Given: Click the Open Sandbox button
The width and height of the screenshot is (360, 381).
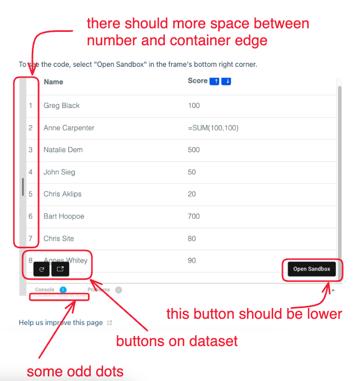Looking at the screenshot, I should point(311,269).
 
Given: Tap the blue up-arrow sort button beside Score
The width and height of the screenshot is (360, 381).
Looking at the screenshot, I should point(215,81).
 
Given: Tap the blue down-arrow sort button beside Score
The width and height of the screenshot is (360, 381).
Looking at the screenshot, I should point(226,81).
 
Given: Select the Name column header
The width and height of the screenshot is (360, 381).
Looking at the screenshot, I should point(53,82).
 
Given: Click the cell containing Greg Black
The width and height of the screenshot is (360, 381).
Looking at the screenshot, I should point(62,105).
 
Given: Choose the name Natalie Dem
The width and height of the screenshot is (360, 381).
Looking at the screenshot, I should point(63,150).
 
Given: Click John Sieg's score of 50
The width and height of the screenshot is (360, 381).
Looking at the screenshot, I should point(192,172).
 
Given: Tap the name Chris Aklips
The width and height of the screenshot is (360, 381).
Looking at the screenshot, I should point(63,194).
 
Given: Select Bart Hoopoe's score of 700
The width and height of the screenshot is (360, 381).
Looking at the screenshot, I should point(194,216).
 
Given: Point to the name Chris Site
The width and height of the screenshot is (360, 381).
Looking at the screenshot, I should point(59,238).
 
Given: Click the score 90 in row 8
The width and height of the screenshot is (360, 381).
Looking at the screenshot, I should point(192,261).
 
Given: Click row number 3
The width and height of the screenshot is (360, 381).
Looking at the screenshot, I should point(31,150).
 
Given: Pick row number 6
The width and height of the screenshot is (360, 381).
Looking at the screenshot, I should point(31,216).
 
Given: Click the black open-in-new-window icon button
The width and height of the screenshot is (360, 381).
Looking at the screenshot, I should point(60,269).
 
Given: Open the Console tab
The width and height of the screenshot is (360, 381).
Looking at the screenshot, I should point(45,290).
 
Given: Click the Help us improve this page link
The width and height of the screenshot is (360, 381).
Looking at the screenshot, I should point(61,323).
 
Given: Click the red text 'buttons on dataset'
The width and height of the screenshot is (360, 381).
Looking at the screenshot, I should point(177,341).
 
